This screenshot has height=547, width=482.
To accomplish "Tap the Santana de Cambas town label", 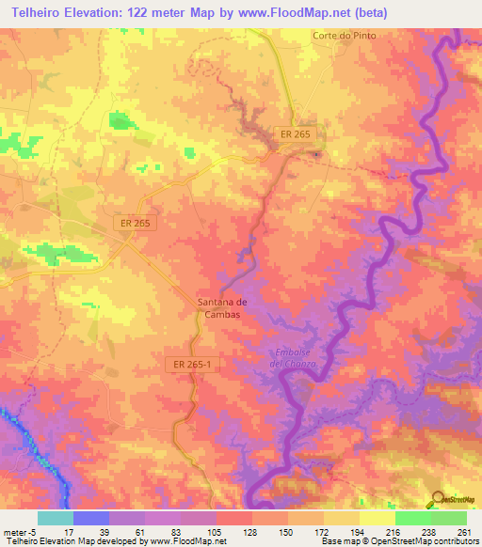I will tap(222, 307).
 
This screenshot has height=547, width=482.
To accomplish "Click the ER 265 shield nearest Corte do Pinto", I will tap(295, 135).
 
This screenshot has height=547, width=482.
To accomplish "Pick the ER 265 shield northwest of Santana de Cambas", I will tap(134, 223).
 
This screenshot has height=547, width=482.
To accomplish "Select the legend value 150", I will tap(287, 532).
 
